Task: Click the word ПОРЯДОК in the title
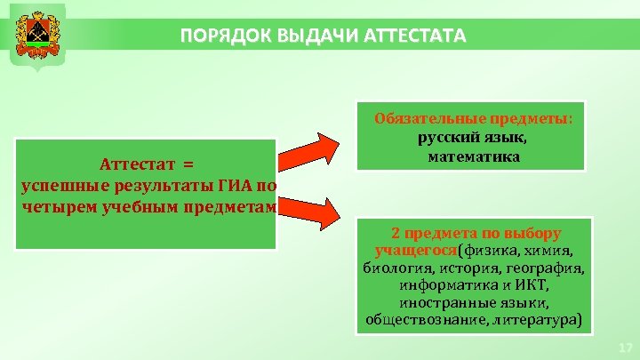pos(216,36)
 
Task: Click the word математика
pos(472,156)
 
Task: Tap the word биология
pos(396,268)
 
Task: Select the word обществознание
pos(417,319)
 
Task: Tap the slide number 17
pos(626,348)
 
